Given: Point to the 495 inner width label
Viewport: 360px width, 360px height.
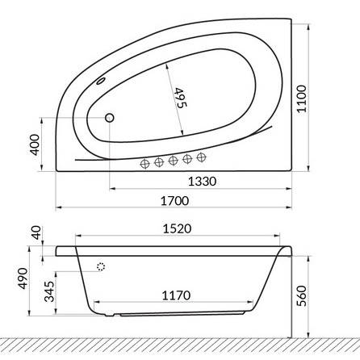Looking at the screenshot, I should tap(179, 97).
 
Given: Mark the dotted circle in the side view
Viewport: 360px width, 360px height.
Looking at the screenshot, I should tap(102, 267).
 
